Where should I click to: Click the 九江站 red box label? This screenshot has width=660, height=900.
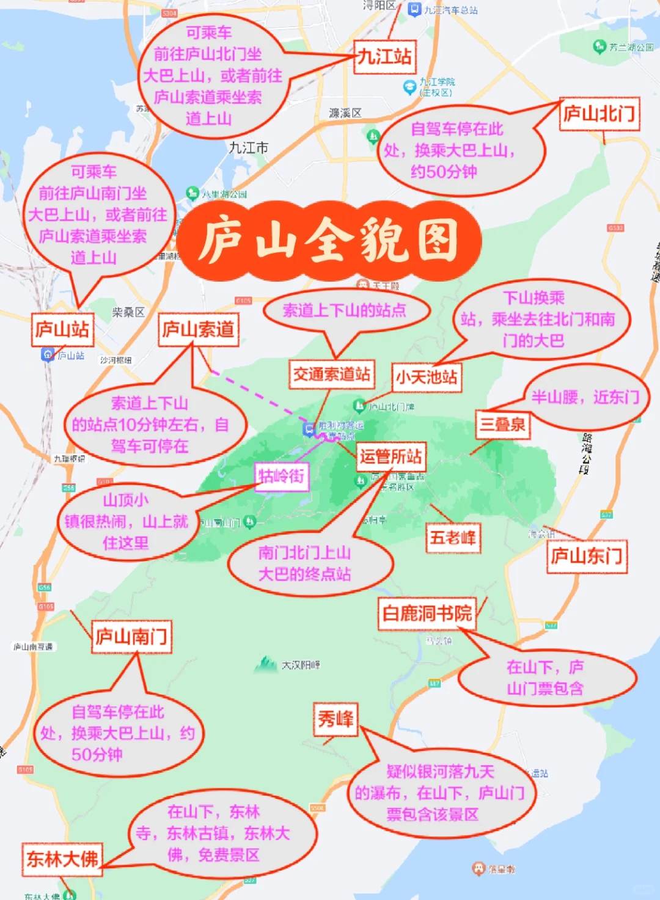click(384, 57)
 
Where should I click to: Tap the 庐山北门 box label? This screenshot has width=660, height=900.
click(599, 114)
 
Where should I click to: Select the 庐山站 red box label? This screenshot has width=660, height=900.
click(62, 330)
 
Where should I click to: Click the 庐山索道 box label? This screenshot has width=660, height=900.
click(198, 330)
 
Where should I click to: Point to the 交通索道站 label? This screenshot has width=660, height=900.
click(331, 374)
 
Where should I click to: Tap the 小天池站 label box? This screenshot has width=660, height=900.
click(427, 376)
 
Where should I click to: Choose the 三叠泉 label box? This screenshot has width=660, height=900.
click(502, 424)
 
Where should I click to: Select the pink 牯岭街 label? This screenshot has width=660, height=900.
click(281, 476)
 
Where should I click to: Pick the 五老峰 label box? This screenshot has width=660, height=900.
click(453, 538)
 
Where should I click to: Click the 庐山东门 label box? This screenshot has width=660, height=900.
click(587, 556)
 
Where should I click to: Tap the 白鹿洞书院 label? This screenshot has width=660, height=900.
click(427, 613)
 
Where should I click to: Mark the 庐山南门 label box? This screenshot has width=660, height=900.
click(131, 637)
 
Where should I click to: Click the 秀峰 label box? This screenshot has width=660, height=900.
click(335, 719)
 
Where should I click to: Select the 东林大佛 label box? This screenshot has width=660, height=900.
click(62, 858)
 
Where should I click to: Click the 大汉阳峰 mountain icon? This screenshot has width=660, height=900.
click(266, 664)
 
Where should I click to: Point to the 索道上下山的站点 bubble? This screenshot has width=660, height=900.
click(345, 310)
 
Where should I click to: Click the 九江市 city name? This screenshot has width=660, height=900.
click(248, 148)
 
